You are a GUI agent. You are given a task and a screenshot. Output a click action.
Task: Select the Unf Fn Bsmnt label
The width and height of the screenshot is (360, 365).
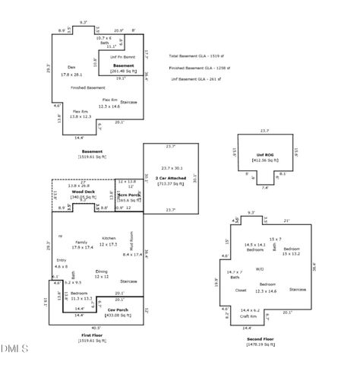pyautogui.click(x=123, y=57)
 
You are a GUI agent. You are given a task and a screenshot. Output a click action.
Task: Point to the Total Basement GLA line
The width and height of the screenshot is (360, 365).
pyautogui.click(x=199, y=56)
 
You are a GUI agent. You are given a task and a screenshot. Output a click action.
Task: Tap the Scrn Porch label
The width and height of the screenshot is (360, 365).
pyautogui.click(x=129, y=194)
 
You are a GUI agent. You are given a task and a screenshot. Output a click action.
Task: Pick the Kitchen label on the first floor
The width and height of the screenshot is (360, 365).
pyautogui.click(x=109, y=239)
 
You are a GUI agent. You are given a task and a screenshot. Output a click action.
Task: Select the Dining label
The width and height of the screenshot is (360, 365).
pyautogui.click(x=102, y=271)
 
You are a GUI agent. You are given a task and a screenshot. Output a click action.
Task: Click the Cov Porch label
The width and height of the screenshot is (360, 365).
pyautogui.click(x=118, y=309)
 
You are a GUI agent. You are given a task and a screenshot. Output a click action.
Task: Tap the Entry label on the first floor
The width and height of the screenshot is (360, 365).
pyautogui.click(x=61, y=260)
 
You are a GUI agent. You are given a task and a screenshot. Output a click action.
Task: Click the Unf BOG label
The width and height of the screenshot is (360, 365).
pyautogui.click(x=264, y=155)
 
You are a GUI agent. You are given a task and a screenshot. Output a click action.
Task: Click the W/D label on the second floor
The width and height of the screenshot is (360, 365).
pyautogui.click(x=260, y=268)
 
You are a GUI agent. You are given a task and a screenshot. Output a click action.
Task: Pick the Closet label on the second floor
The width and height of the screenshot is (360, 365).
pyautogui.click(x=241, y=290)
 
